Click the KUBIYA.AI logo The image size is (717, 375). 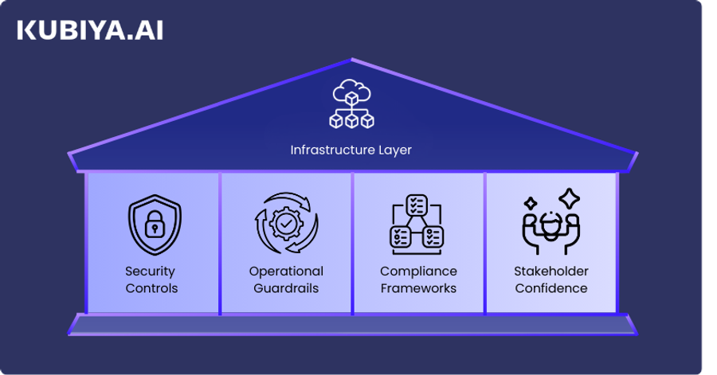pyautogui.click(x=89, y=31)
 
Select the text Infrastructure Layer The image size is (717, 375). pyautogui.click(x=351, y=150)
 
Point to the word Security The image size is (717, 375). pyautogui.click(x=151, y=271)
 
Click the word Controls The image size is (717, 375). pyautogui.click(x=151, y=288)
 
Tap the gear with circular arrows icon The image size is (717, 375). pyautogui.click(x=286, y=223)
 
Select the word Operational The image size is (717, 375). pyautogui.click(x=286, y=271)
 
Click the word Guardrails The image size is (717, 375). pyautogui.click(x=286, y=288)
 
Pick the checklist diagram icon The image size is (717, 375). pyautogui.click(x=417, y=222)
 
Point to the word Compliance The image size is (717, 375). pyautogui.click(x=418, y=271)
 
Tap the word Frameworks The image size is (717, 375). pyautogui.click(x=418, y=288)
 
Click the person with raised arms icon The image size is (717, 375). pyautogui.click(x=550, y=225)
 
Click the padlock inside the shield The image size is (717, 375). pyautogui.click(x=154, y=228)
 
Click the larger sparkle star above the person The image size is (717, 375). pyautogui.click(x=569, y=197)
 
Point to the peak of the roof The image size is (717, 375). pyautogui.click(x=351, y=60)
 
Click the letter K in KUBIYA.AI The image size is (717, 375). pyautogui.click(x=26, y=31)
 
